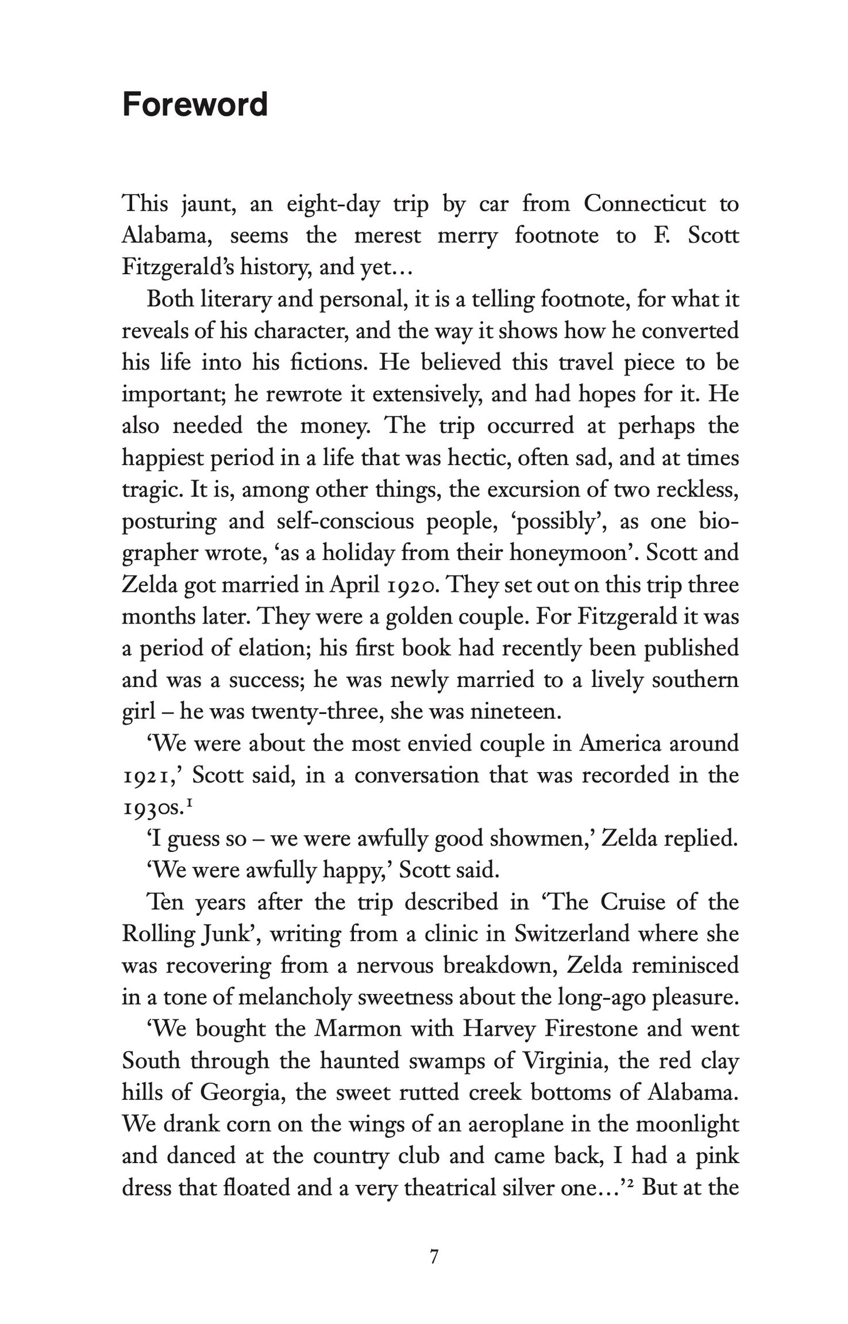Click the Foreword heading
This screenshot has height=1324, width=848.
click(x=195, y=105)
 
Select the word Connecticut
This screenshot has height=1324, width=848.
click(x=644, y=204)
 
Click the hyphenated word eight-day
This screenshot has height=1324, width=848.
click(x=333, y=205)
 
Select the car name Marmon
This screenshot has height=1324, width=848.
click(x=358, y=1029)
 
